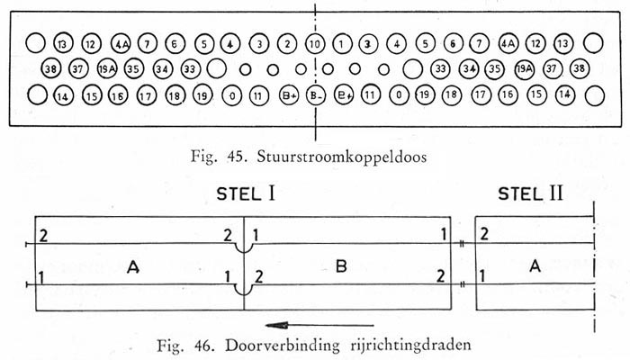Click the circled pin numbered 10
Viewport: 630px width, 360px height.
click(x=314, y=43)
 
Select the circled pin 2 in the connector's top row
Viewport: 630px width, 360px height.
click(x=286, y=43)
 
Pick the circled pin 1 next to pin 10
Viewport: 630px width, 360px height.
click(x=341, y=43)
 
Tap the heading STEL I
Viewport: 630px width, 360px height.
click(x=243, y=193)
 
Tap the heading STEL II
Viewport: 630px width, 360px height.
click(x=531, y=193)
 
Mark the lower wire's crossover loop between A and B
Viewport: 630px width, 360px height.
click(x=241, y=291)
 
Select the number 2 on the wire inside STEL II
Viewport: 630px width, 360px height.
click(x=486, y=234)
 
